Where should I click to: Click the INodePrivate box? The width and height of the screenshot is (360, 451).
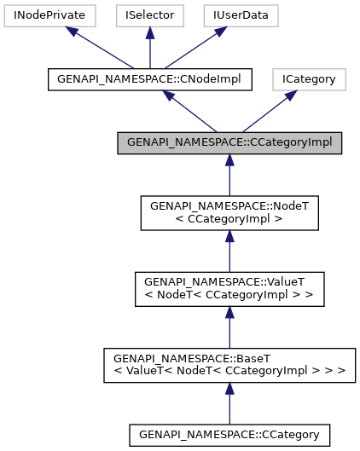click(48, 14)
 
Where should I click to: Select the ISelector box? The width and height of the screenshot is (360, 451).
click(149, 14)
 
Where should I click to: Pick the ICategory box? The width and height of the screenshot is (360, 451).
click(309, 80)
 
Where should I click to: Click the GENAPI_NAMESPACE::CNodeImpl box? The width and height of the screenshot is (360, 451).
click(149, 80)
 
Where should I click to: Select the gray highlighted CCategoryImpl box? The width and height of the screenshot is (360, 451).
click(229, 142)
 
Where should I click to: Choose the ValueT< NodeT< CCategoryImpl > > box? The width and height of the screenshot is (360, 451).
click(229, 289)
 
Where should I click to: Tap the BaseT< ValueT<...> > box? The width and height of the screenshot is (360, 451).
click(229, 364)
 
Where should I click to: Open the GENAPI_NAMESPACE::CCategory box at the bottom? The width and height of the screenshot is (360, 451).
click(229, 434)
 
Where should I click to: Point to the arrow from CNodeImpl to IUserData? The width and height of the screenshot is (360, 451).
click(195, 49)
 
